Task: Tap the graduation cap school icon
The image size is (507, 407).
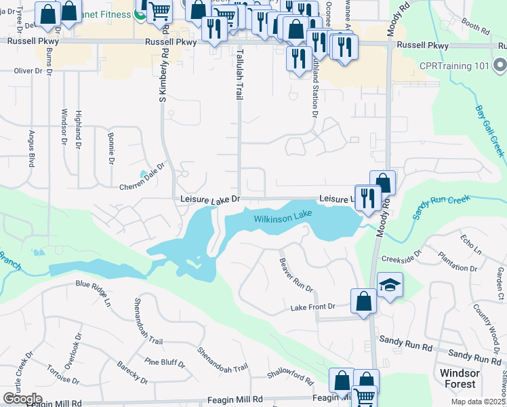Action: tap(390, 285)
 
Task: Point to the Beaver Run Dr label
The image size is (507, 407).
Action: tap(296, 275)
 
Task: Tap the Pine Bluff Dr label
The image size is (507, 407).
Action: tap(165, 362)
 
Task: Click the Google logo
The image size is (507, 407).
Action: tap(22, 398)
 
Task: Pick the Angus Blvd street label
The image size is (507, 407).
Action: tap(31, 149)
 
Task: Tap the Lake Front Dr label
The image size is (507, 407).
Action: tap(313, 307)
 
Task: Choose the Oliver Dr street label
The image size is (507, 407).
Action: tap(28, 71)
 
